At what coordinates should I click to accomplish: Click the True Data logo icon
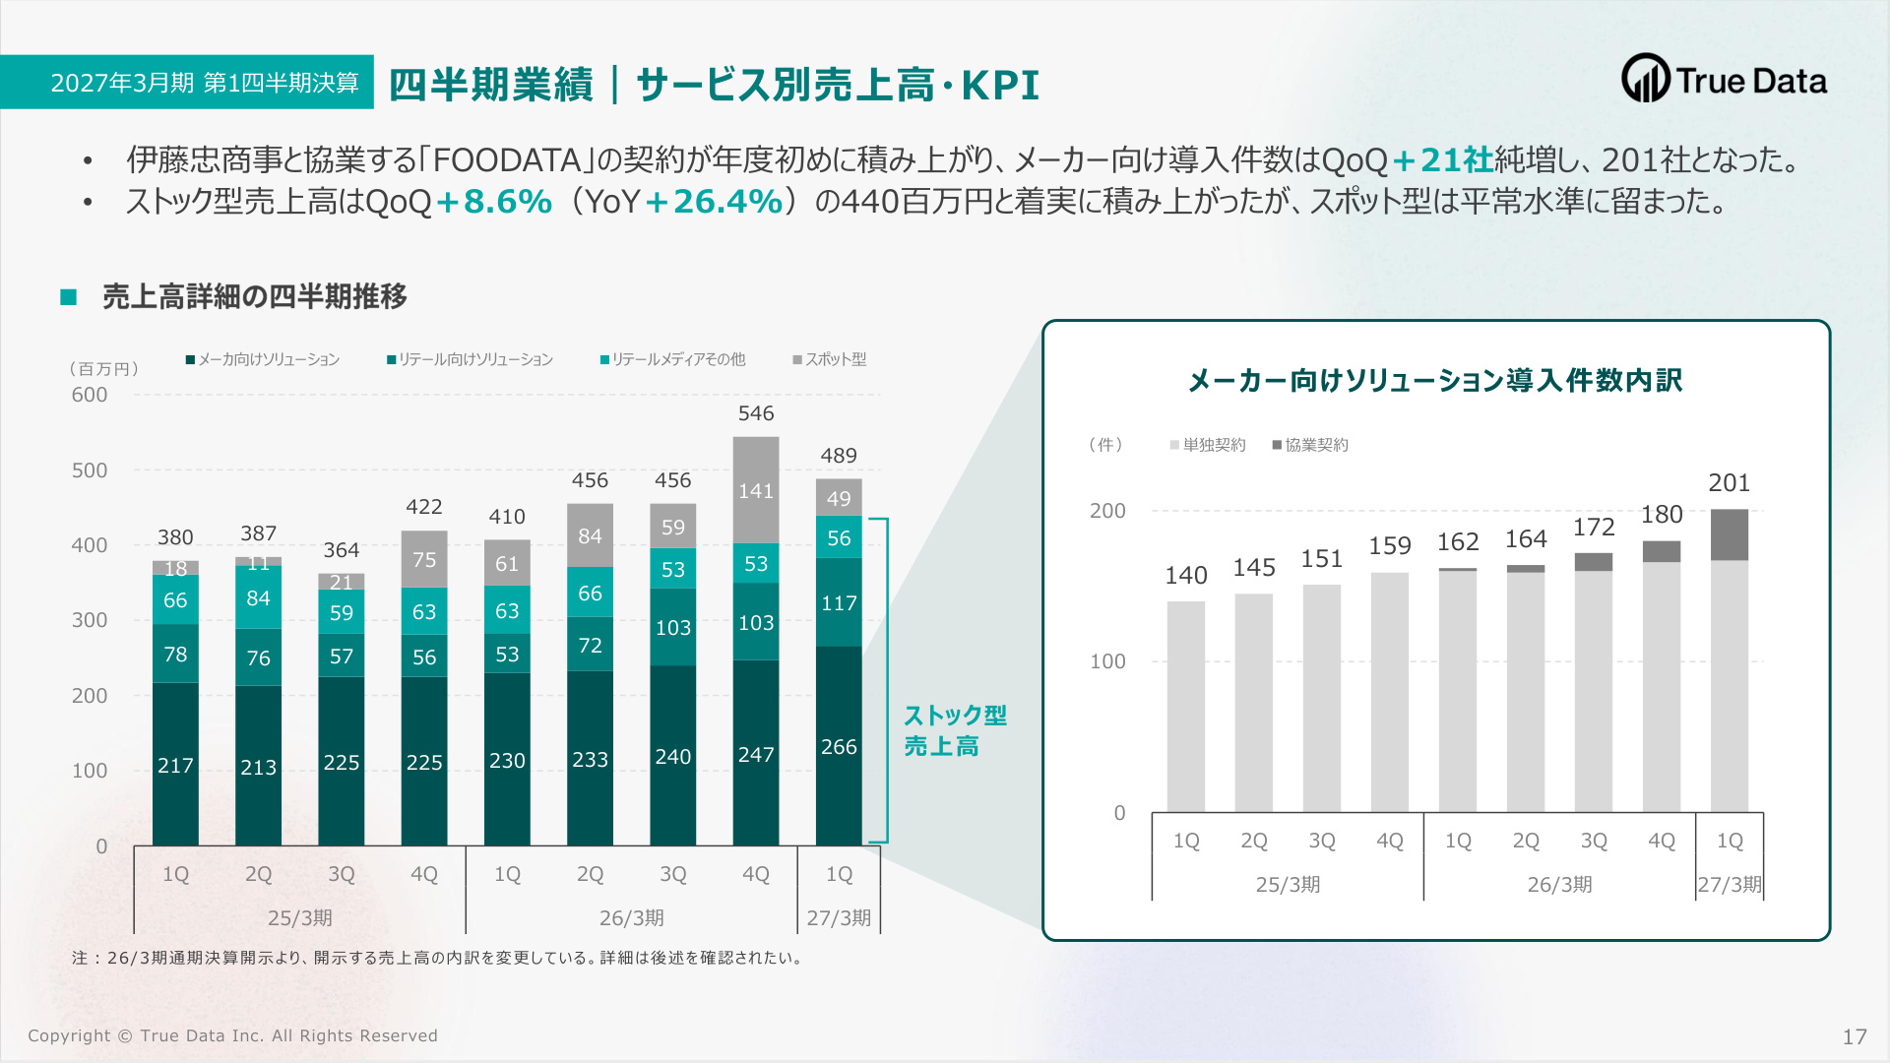(1645, 79)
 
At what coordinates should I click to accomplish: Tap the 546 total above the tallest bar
(756, 413)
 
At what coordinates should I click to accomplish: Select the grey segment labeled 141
(756, 490)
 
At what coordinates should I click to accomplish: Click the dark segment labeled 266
(839, 746)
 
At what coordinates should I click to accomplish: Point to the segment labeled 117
(839, 602)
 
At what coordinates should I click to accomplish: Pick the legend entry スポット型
(830, 360)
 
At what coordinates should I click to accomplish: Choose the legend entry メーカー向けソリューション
(263, 360)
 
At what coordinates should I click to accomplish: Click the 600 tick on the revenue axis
(90, 395)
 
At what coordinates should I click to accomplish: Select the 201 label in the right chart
(1730, 483)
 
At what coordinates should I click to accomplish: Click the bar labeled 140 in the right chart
(1186, 707)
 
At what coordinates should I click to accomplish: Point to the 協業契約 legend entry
(1310, 445)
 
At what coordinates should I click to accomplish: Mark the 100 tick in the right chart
(1107, 661)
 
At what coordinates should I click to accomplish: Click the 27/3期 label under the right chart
(1730, 884)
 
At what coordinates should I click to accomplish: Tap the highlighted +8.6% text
(494, 201)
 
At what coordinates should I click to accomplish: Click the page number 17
(1855, 1036)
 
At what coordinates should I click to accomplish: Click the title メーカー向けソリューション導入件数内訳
(1435, 380)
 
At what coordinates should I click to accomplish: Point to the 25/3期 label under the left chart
(300, 918)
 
